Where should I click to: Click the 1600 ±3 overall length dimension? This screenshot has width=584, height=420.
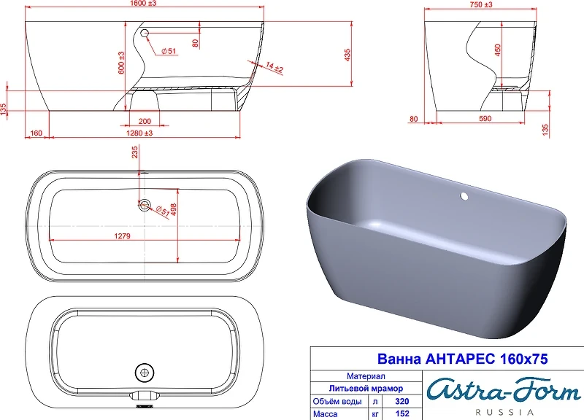pyautogui.click(x=143, y=4)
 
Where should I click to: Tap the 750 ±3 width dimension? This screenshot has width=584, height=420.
pyautogui.click(x=481, y=4)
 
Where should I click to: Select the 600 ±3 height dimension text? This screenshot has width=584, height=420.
pyautogui.click(x=121, y=63)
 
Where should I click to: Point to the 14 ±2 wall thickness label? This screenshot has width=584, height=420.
pyautogui.click(x=275, y=67)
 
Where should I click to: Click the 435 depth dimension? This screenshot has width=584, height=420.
pyautogui.click(x=347, y=55)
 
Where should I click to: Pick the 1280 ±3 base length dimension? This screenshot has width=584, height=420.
pyautogui.click(x=139, y=133)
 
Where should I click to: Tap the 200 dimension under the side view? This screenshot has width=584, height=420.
pyautogui.click(x=145, y=121)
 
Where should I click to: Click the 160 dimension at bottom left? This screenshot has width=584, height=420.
pyautogui.click(x=36, y=133)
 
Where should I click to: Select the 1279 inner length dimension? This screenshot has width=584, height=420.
pyautogui.click(x=122, y=236)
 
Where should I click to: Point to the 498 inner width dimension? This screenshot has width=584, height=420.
pyautogui.click(x=173, y=209)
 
